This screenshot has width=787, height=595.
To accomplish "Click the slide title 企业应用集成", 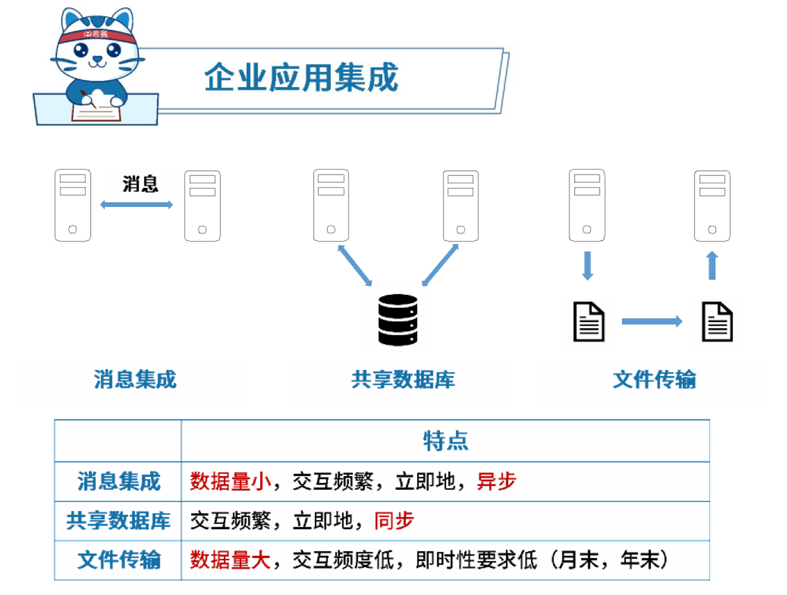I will click(301, 77).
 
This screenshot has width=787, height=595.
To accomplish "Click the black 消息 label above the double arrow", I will click(140, 184).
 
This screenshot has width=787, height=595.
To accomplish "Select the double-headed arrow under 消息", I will click(136, 205).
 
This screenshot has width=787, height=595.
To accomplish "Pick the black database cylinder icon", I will click(397, 320).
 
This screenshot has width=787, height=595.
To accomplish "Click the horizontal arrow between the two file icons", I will click(652, 322).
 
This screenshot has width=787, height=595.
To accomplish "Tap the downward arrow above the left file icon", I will click(588, 265).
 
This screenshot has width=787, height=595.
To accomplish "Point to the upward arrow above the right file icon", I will click(712, 265).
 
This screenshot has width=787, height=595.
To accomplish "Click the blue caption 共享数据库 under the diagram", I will click(403, 380).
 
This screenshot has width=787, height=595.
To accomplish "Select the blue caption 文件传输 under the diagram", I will click(654, 380).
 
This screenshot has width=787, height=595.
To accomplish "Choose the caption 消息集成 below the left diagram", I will click(135, 380).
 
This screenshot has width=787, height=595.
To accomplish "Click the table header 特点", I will click(445, 441).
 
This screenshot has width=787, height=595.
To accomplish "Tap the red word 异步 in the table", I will click(496, 481).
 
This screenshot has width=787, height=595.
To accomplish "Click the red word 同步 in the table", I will click(393, 521).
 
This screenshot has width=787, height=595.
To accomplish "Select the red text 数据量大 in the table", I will click(230, 560).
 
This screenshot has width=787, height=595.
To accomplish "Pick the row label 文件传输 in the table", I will click(119, 560).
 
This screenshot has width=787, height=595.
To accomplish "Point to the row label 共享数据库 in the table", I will click(118, 521).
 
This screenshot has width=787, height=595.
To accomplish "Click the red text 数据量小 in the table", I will click(230, 481).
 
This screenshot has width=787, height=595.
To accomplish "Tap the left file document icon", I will click(589, 322).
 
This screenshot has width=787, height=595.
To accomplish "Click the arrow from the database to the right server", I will click(440, 265).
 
